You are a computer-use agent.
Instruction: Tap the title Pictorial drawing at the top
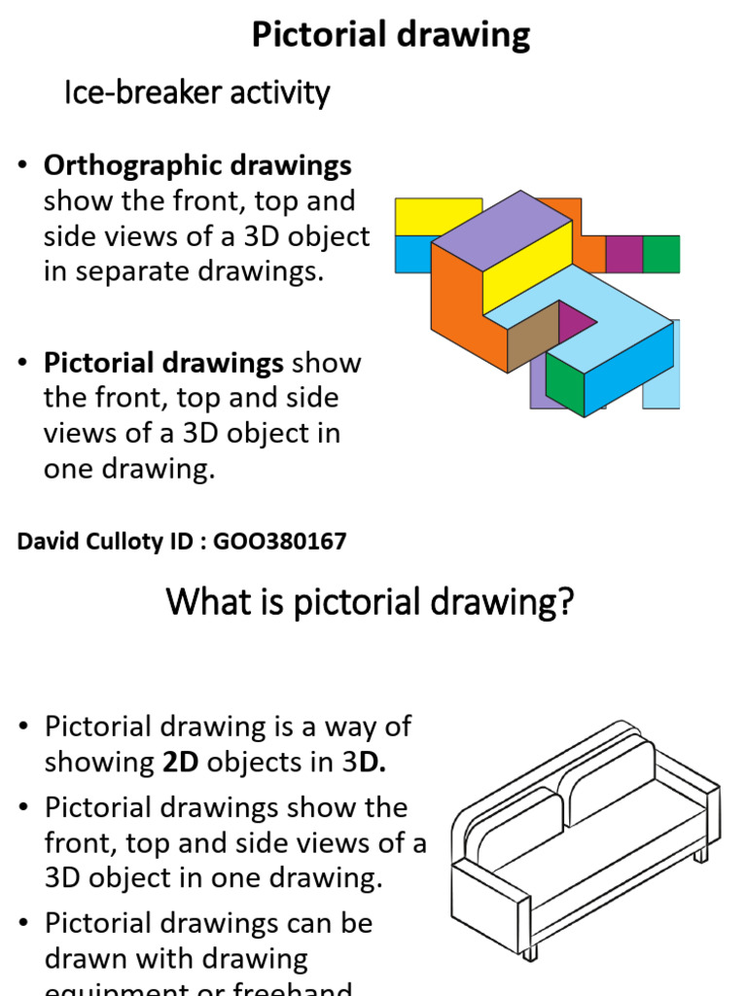click(391, 35)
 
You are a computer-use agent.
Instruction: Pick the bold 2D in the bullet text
click(180, 763)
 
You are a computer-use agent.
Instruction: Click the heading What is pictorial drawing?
click(371, 603)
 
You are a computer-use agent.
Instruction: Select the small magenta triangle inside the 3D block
click(575, 320)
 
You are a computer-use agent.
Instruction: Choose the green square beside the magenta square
click(661, 254)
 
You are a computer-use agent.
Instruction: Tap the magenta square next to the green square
click(624, 254)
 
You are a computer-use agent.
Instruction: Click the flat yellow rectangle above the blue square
click(438, 216)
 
